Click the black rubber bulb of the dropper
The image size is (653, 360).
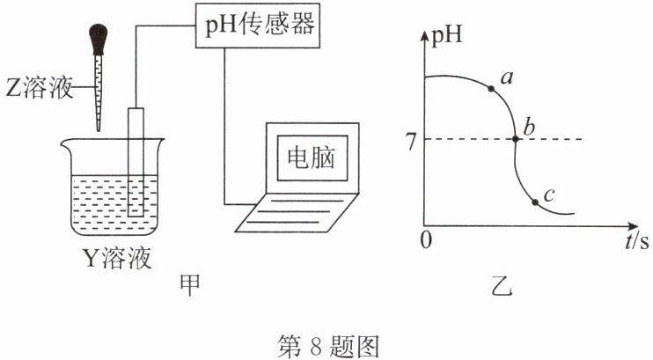pyautogui.click(x=98, y=39)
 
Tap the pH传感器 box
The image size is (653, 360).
pyautogui.click(x=258, y=26)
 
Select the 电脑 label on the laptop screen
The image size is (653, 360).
pyautogui.click(x=312, y=158)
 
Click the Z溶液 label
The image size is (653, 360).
pyautogui.click(x=40, y=88)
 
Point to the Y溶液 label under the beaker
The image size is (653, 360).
pyautogui.click(x=117, y=258)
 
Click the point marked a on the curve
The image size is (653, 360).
pyautogui.click(x=491, y=88)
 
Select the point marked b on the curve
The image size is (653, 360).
pyautogui.click(x=515, y=139)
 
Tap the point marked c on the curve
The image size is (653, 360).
pyautogui.click(x=535, y=202)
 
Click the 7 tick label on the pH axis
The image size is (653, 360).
pyautogui.click(x=412, y=143)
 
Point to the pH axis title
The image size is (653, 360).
pyautogui.click(x=446, y=34)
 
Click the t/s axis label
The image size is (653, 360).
pyautogui.click(x=637, y=242)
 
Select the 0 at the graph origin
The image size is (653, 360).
pyautogui.click(x=426, y=240)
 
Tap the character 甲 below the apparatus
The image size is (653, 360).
pyautogui.click(x=189, y=285)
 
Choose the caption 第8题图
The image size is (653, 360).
pyautogui.click(x=328, y=346)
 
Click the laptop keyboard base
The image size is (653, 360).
pyautogui.click(x=297, y=212)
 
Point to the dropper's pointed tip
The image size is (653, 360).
pyautogui.click(x=99, y=130)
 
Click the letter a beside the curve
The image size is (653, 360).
pyautogui.click(x=506, y=78)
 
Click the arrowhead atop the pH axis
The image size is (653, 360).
pyautogui.click(x=424, y=35)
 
